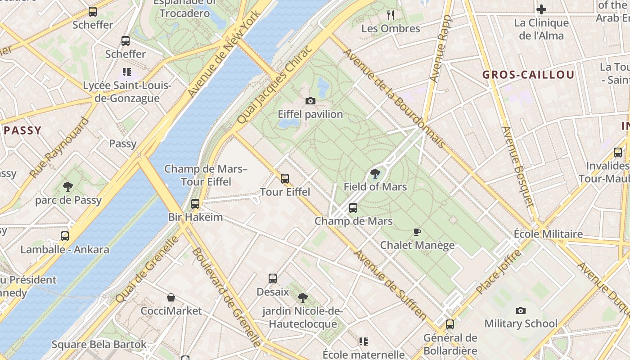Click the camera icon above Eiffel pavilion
310,101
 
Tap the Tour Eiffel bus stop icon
284,179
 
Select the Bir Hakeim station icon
195,204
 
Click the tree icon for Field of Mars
375,174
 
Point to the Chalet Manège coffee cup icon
417,232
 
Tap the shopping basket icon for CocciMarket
171,297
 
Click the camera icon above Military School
521,310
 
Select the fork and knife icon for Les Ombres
391,15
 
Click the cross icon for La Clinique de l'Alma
541,9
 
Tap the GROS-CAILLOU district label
528,75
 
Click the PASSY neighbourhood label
22,130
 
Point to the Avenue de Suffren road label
390,285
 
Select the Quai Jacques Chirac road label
274,85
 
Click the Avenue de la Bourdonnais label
394,99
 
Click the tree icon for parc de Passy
68,186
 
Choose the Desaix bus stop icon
273,279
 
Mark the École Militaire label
548,234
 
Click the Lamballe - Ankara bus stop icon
65,236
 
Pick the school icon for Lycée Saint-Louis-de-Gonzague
127,72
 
